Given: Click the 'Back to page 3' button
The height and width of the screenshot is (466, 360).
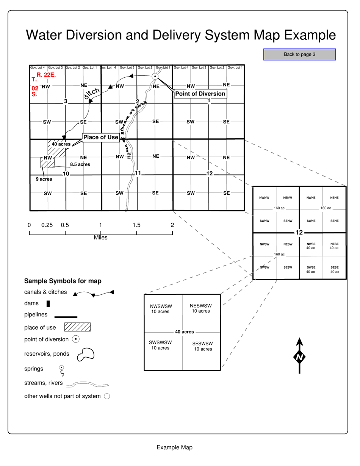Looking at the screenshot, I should (x=299, y=54).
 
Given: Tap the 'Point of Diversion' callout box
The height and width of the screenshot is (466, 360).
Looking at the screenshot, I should (x=200, y=94).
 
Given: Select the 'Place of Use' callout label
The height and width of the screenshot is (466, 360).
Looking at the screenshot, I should (x=101, y=138).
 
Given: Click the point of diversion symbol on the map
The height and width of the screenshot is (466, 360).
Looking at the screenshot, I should (x=155, y=76).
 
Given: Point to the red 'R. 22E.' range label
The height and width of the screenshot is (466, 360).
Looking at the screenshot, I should (x=46, y=75).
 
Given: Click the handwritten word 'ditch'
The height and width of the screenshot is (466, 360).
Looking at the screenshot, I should (x=92, y=93).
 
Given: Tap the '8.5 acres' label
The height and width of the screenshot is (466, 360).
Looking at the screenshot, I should (x=80, y=164).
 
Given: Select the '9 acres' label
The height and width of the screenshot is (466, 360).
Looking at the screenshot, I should (x=44, y=180).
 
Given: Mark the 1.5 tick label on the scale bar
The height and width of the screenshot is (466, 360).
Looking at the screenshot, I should (x=136, y=225).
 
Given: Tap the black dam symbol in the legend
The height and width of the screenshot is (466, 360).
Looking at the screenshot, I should (x=48, y=303).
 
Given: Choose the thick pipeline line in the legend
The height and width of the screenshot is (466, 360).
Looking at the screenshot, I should (x=66, y=317).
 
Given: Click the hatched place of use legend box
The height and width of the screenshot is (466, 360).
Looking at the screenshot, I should (x=77, y=327).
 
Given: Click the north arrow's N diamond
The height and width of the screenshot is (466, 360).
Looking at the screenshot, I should (x=299, y=357).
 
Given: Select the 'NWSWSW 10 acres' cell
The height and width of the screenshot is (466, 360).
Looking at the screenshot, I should (x=161, y=308).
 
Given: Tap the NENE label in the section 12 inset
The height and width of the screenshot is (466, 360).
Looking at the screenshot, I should (x=334, y=198).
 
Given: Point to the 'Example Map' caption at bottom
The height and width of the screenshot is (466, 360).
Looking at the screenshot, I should (x=174, y=447).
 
